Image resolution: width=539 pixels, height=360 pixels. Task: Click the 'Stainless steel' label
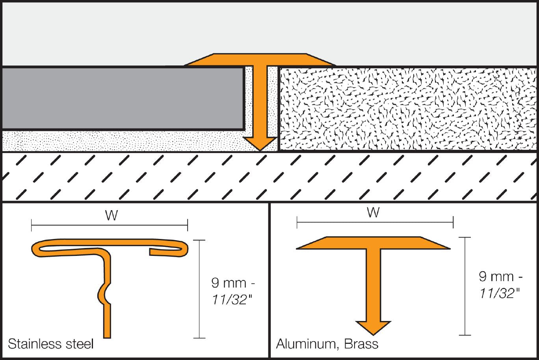tap(51, 344)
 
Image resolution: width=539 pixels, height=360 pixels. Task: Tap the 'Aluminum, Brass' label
tap(327, 344)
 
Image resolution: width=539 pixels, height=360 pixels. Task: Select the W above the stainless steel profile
tap(112, 216)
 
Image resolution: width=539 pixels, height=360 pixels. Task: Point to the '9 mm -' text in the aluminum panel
tap(502, 276)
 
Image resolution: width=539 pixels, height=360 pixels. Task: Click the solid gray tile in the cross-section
tap(122, 99)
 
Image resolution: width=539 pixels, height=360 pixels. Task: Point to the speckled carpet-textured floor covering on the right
tap(406, 108)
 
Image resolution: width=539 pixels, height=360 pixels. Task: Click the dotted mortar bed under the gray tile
tap(118, 141)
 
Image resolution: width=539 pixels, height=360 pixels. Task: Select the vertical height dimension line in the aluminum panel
tap(465, 286)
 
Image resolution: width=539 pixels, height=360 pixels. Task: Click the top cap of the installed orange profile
tap(260, 60)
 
